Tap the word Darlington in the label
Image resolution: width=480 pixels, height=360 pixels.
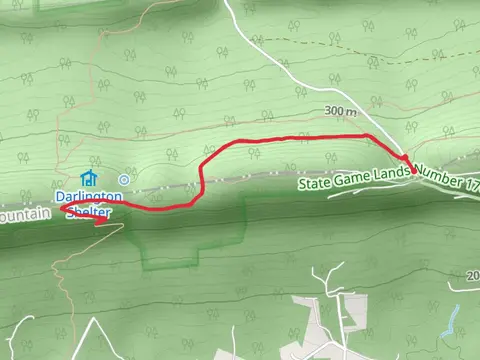tap(88, 197)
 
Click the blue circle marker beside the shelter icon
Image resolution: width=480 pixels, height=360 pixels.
tap(123, 179)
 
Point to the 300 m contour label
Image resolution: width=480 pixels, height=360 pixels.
tap(341, 112)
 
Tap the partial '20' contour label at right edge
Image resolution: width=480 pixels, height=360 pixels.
tap(472, 274)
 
